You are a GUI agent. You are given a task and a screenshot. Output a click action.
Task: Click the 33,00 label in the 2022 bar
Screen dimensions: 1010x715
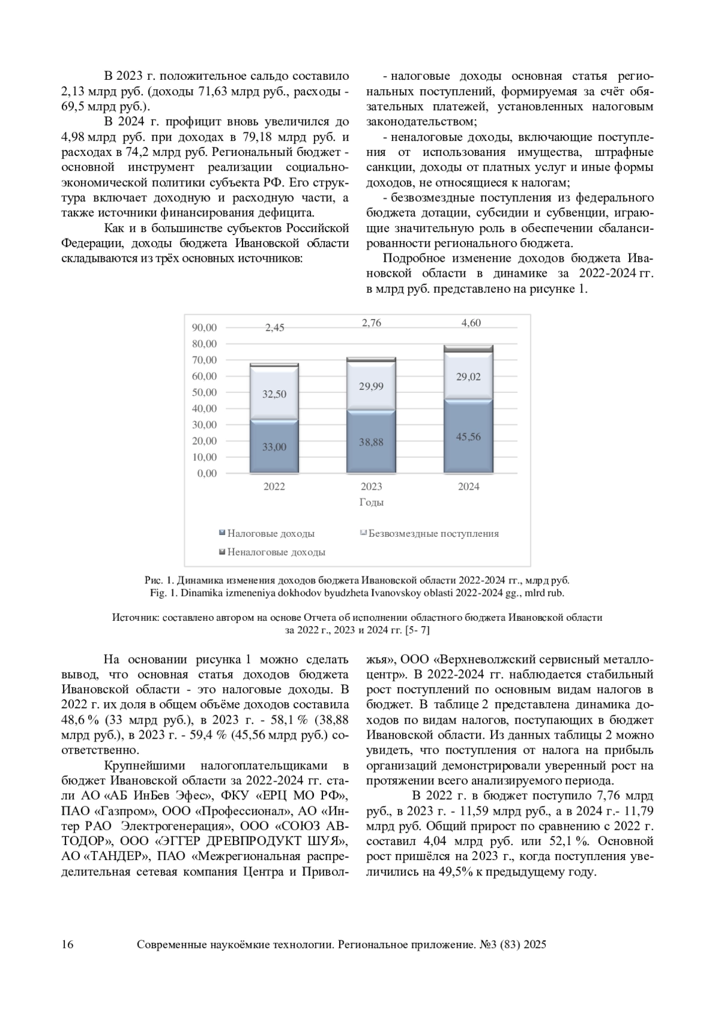coord(274,446)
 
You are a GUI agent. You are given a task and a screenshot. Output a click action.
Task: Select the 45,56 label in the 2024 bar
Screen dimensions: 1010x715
coord(468,436)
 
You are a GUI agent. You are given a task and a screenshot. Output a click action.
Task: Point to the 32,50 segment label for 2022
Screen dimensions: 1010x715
coord(274,394)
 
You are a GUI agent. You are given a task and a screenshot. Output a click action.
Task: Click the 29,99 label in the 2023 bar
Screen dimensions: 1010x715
coord(371,386)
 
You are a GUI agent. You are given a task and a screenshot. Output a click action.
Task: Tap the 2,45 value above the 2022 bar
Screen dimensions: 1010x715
coord(275,327)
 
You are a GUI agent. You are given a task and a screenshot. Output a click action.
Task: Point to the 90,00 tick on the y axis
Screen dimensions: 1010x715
coord(204,327)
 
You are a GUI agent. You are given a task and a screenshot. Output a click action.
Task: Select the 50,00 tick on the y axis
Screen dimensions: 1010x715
coord(204,392)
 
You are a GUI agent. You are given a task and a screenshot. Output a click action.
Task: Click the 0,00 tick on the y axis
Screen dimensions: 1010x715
coord(207,473)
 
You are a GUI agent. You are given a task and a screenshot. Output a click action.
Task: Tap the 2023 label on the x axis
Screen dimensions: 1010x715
coord(371,486)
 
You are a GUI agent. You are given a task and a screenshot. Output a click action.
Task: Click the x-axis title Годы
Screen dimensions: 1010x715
coord(371,502)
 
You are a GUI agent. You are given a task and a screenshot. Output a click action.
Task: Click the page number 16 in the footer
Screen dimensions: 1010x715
coord(67,945)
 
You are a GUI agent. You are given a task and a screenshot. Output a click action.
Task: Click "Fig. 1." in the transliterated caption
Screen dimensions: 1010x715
coord(164,593)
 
